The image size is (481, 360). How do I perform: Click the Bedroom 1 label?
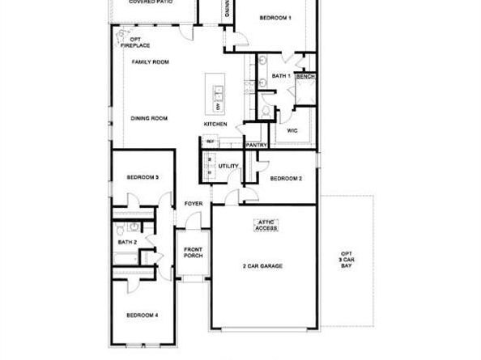click(275, 17)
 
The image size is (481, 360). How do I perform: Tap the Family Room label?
click(150, 61)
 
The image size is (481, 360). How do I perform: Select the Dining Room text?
click(149, 118)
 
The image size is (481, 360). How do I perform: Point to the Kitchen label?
click(215, 124)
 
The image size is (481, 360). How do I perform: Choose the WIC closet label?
click(292, 129)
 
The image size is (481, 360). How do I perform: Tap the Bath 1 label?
click(281, 76)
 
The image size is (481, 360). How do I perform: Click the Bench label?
click(305, 77)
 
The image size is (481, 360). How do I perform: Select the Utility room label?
click(228, 167)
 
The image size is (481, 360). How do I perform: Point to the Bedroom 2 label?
click(286, 178)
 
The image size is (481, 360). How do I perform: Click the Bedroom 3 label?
click(143, 177)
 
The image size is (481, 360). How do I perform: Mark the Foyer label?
click(193, 203)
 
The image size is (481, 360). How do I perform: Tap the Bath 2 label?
click(126, 242)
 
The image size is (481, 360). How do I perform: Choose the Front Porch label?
click(193, 252)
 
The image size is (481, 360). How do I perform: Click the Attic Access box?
click(267, 225)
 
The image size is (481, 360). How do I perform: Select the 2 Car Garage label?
click(262, 265)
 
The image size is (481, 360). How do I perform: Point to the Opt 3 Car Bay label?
click(347, 258)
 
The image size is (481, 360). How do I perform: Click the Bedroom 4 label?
click(142, 315)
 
